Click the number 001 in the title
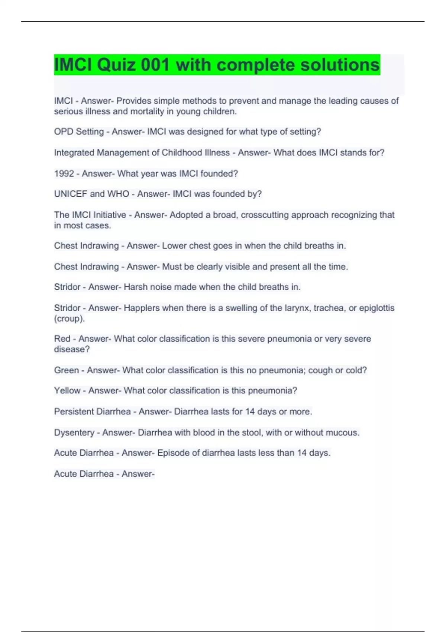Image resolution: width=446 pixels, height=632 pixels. click(x=155, y=65)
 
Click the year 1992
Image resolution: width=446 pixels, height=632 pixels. click(x=64, y=174)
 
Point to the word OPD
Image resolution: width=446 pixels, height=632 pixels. click(x=64, y=132)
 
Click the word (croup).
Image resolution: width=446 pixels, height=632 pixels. click(x=69, y=319)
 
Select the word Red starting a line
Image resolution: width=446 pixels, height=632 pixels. click(x=62, y=339)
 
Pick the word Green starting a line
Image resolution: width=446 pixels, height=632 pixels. click(x=66, y=370)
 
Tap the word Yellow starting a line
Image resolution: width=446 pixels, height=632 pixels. click(x=67, y=391)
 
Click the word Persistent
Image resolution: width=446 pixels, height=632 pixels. click(x=74, y=412)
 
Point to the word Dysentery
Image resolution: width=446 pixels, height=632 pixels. click(x=74, y=433)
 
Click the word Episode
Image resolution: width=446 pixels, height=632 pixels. click(x=172, y=453)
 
